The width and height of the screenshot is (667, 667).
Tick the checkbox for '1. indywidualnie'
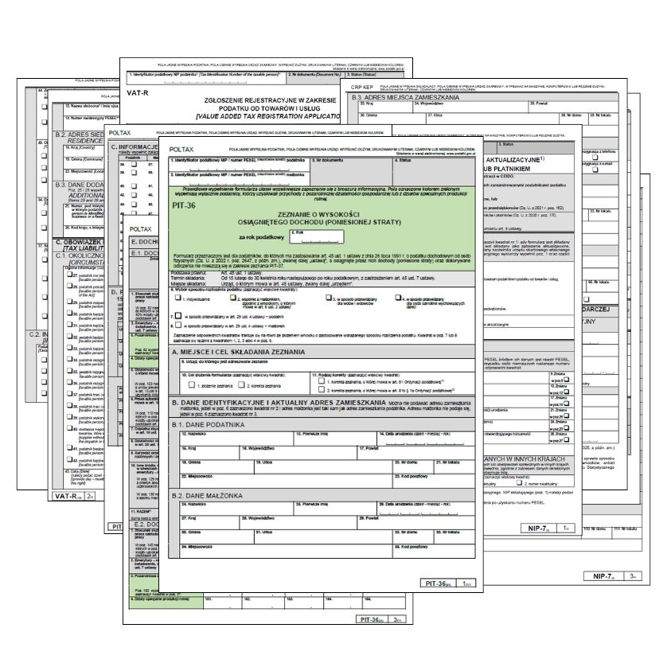click(178, 298)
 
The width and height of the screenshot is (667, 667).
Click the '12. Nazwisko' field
click(235, 439)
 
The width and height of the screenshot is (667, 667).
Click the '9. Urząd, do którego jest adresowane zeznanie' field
click(318, 365)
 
